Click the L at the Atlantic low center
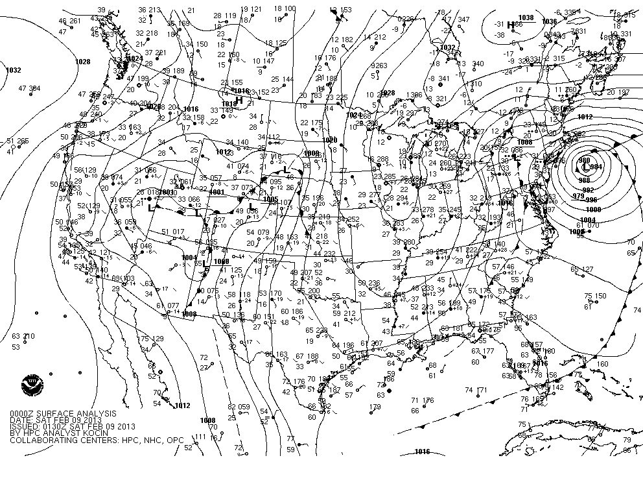click(x=587, y=168)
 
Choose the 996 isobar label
click(x=591, y=200)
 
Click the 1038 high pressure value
click(x=526, y=18)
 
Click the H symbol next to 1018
click(x=239, y=101)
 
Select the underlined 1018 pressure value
click(x=227, y=104)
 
